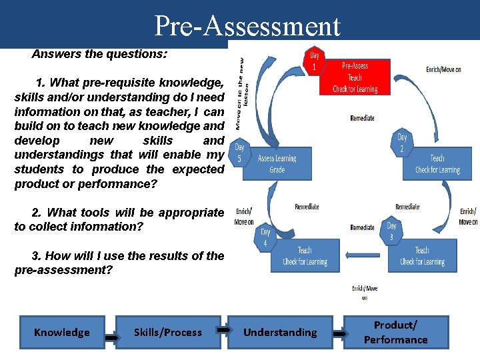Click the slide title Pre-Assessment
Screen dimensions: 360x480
tap(247, 26)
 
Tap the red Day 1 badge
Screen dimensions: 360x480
tap(314, 61)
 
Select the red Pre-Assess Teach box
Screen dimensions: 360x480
tap(355, 77)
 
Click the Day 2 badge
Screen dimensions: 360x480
tap(402, 143)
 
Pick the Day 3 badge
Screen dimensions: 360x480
tap(391, 231)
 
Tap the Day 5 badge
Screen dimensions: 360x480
tap(239, 153)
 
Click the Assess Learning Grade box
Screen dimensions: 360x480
tap(277, 164)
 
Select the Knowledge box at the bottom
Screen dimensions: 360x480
tap(62, 332)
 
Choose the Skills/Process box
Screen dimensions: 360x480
tap(168, 332)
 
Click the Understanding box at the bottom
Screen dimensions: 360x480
tap(280, 332)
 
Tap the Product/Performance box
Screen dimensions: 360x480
tap(396, 332)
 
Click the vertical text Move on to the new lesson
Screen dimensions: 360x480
tap(244, 91)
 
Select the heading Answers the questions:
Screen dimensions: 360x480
tap(99, 54)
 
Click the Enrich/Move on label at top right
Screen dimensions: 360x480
tap(443, 69)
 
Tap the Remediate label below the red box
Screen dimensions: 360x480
tap(362, 118)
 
